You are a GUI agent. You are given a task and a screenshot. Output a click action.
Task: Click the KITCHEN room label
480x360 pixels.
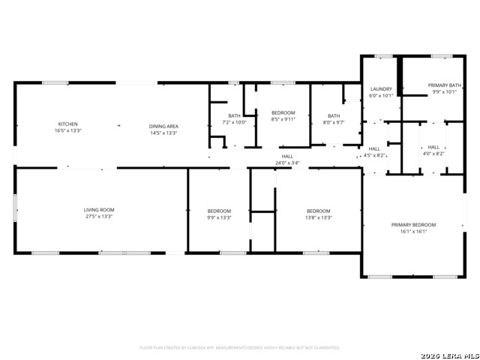68,124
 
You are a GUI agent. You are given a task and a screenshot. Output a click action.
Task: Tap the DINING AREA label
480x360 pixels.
163,126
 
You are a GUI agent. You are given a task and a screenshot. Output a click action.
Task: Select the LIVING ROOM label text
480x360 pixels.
98,210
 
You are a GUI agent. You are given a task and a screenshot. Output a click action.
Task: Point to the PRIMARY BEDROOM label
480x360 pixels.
412,225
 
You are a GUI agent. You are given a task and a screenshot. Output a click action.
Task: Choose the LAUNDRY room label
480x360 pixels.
381,89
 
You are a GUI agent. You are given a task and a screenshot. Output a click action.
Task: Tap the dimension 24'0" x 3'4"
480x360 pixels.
287,163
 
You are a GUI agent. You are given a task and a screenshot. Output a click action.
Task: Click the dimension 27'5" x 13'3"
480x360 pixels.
98,217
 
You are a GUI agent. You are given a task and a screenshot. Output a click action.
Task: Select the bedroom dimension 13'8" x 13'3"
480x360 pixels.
319,217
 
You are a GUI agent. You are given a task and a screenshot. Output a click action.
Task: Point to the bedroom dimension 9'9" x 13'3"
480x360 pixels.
219,217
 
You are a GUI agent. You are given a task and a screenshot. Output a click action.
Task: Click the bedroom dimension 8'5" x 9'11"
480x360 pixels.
283,119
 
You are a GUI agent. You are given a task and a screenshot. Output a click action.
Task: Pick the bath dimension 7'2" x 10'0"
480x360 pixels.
234,122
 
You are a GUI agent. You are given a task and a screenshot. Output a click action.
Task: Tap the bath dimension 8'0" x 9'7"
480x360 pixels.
333,122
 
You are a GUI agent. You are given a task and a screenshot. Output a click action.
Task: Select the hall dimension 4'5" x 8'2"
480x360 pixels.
374,155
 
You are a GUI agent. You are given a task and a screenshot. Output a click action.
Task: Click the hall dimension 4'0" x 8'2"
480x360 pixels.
433,154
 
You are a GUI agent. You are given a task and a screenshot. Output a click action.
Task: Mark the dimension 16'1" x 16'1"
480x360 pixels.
412,232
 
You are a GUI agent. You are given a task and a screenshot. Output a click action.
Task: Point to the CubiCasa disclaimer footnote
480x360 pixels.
240,348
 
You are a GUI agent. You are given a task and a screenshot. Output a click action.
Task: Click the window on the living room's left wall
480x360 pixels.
15,208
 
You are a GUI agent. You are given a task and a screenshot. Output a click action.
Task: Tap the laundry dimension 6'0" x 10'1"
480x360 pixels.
381,96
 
